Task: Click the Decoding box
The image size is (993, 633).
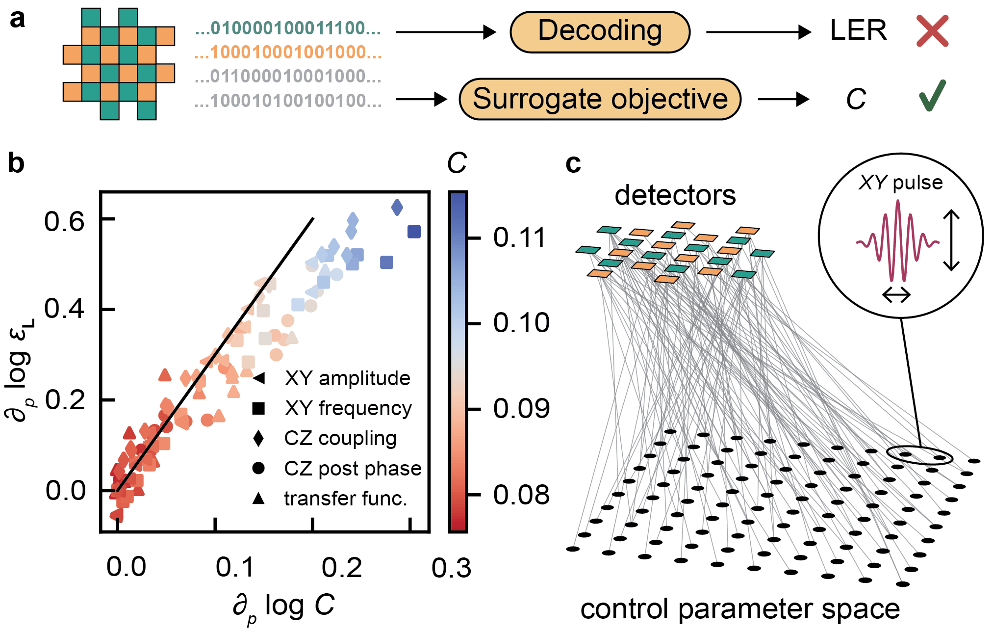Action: [x=600, y=32]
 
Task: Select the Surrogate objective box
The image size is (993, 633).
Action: [x=600, y=99]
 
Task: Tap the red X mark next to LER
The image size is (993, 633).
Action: [x=932, y=31]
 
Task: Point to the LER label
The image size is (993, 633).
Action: [x=858, y=31]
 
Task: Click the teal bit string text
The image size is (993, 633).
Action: [x=288, y=28]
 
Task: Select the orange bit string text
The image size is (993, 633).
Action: [x=288, y=53]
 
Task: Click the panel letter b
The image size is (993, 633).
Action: [x=16, y=163]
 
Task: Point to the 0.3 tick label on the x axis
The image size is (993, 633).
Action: [x=451, y=568]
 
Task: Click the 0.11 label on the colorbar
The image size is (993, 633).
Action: [x=519, y=238]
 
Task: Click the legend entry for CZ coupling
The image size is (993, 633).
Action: [x=340, y=438]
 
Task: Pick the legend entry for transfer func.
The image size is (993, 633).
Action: [x=345, y=499]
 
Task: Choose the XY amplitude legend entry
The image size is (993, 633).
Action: [x=347, y=378]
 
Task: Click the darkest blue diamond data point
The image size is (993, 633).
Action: [x=397, y=207]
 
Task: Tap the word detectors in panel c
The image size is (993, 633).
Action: [x=675, y=195]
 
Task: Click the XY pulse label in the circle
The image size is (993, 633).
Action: [x=901, y=183]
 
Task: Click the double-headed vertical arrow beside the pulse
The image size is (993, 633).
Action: [x=951, y=240]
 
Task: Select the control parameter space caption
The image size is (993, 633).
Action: [x=740, y=609]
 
